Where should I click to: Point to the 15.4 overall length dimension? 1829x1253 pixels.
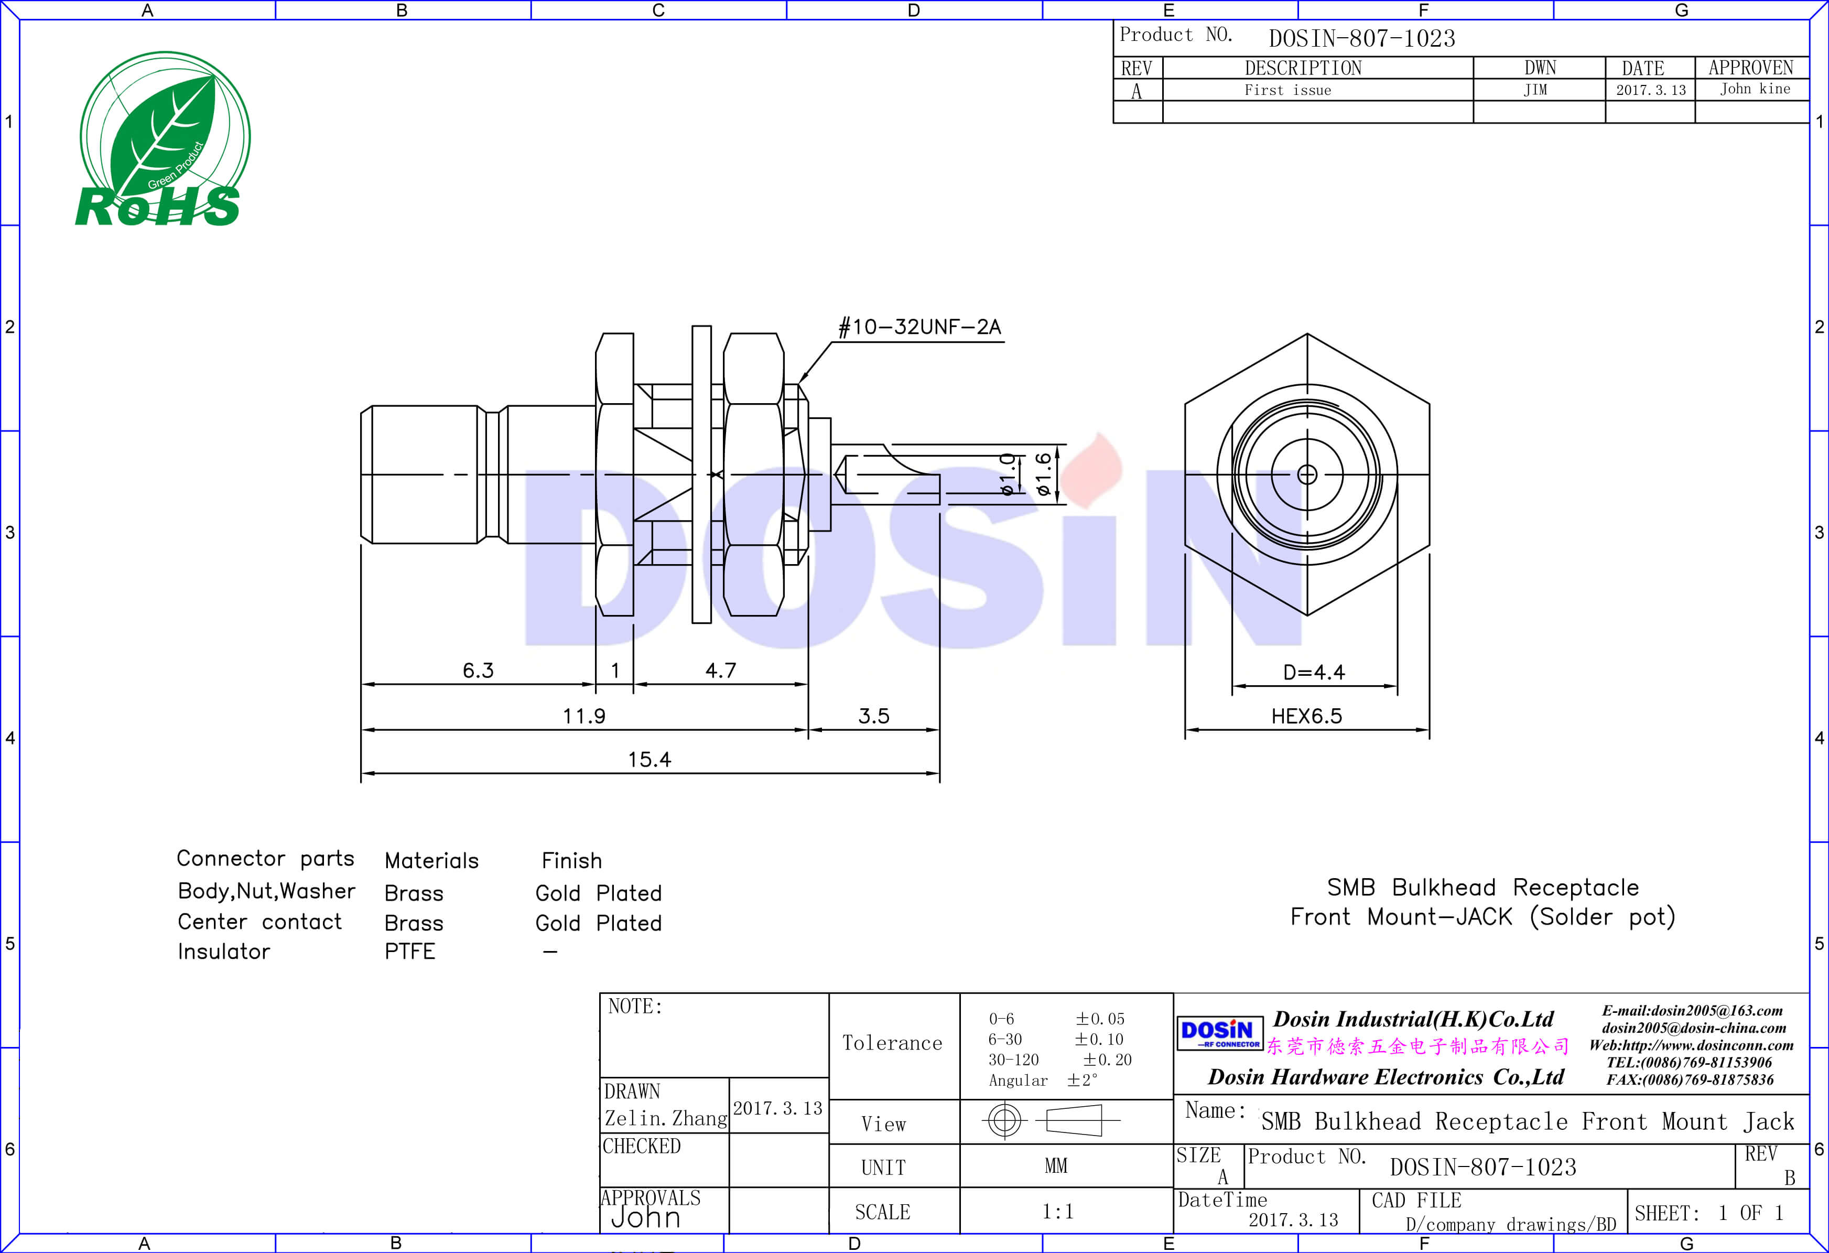click(x=650, y=760)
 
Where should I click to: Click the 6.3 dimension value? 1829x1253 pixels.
click(x=478, y=671)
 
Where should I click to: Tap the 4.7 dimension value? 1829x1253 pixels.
click(x=720, y=671)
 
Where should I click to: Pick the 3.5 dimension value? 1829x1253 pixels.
click(x=873, y=716)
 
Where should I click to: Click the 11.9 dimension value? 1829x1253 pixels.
click(x=584, y=716)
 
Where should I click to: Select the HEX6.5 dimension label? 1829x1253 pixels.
click(x=1306, y=716)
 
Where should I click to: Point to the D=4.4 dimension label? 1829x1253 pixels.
click(x=1314, y=672)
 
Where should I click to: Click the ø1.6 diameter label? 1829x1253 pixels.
click(x=1043, y=474)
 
